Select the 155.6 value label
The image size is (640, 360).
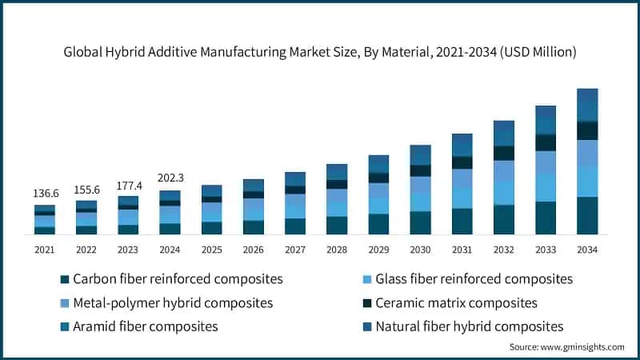[86, 190]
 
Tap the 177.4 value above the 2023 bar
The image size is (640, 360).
[128, 186]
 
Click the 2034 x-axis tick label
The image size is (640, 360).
[587, 250]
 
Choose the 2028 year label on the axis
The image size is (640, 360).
[337, 250]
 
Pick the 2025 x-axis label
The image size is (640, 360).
[211, 250]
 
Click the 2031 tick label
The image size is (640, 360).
[462, 250]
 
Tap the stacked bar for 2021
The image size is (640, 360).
[44, 220]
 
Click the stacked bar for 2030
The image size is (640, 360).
[420, 190]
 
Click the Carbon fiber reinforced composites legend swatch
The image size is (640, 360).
[64, 279]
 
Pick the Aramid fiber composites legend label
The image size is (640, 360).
[145, 326]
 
